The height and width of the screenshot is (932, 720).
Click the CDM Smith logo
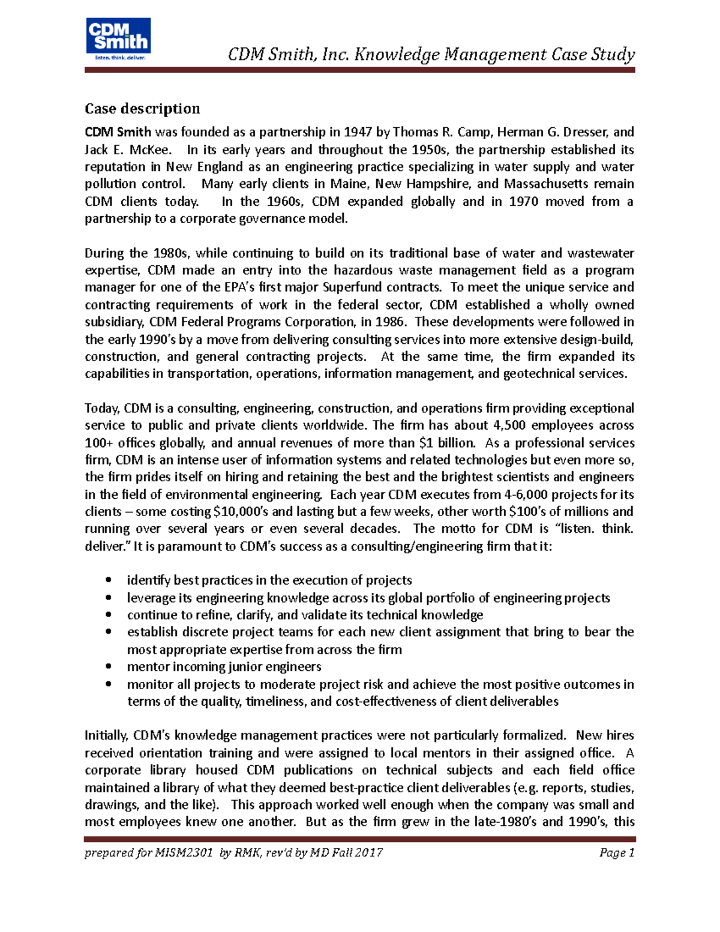(x=118, y=39)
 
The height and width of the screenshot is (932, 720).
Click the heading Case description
(x=142, y=109)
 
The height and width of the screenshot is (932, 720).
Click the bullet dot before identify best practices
(x=108, y=580)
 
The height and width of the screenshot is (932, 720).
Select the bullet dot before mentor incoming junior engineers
(x=108, y=667)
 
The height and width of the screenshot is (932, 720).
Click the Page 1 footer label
(x=616, y=853)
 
